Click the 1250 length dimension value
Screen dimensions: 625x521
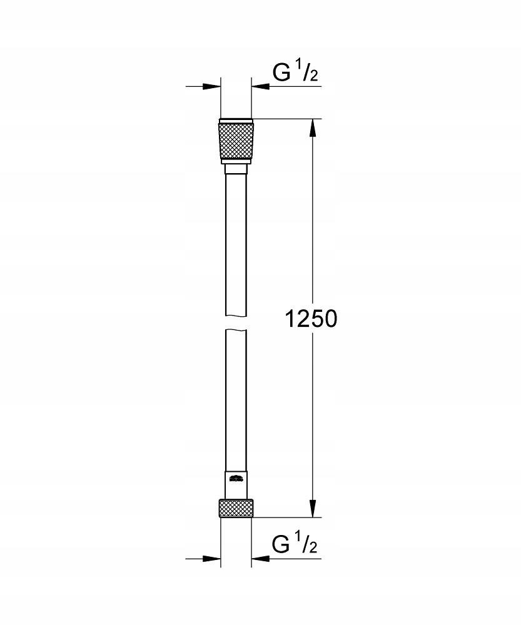coord(311,319)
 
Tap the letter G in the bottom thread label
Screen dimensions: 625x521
coord(281,546)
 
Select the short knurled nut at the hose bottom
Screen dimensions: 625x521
coord(236,507)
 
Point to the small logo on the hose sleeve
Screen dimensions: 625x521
coord(236,479)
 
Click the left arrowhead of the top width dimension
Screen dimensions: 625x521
coord(213,86)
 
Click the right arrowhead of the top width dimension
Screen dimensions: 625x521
coord(259,86)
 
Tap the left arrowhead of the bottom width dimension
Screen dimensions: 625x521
coord(213,557)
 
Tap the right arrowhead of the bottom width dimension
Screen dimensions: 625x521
coord(259,557)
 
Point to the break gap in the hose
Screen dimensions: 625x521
coord(236,322)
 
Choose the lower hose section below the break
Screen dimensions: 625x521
coord(236,400)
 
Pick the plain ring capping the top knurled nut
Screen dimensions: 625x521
coord(236,121)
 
